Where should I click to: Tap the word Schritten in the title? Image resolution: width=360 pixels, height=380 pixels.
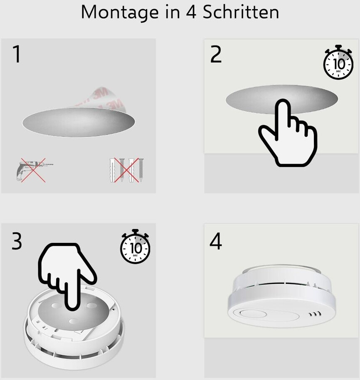click(x=241, y=12)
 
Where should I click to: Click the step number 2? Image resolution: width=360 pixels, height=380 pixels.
click(x=216, y=54)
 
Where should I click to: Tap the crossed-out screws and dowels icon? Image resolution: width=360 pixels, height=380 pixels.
click(x=126, y=170)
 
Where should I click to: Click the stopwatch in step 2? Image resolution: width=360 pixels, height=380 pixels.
click(x=338, y=62)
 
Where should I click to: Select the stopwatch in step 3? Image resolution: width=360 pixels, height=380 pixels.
click(x=135, y=247)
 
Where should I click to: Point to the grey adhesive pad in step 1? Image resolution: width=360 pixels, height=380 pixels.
click(x=79, y=122)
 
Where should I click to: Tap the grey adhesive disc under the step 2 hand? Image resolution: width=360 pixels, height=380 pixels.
click(x=282, y=99)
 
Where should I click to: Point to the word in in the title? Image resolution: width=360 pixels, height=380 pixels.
click(x=173, y=12)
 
